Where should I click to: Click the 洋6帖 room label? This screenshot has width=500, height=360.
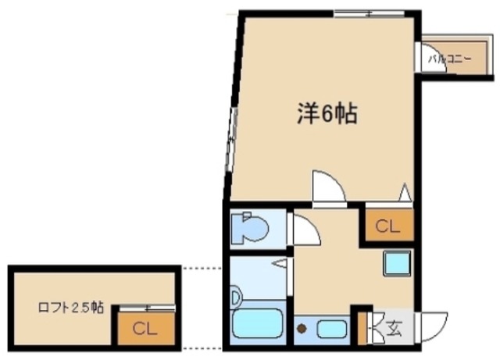point(326,115)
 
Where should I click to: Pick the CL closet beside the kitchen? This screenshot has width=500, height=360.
point(387,226)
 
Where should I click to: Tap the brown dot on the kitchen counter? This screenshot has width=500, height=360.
point(303,329)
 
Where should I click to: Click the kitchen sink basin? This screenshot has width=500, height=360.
point(332,328)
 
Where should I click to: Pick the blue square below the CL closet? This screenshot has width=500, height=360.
point(397,263)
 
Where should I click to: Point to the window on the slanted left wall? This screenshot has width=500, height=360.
point(231,141)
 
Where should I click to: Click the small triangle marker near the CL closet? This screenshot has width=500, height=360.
point(405,192)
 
